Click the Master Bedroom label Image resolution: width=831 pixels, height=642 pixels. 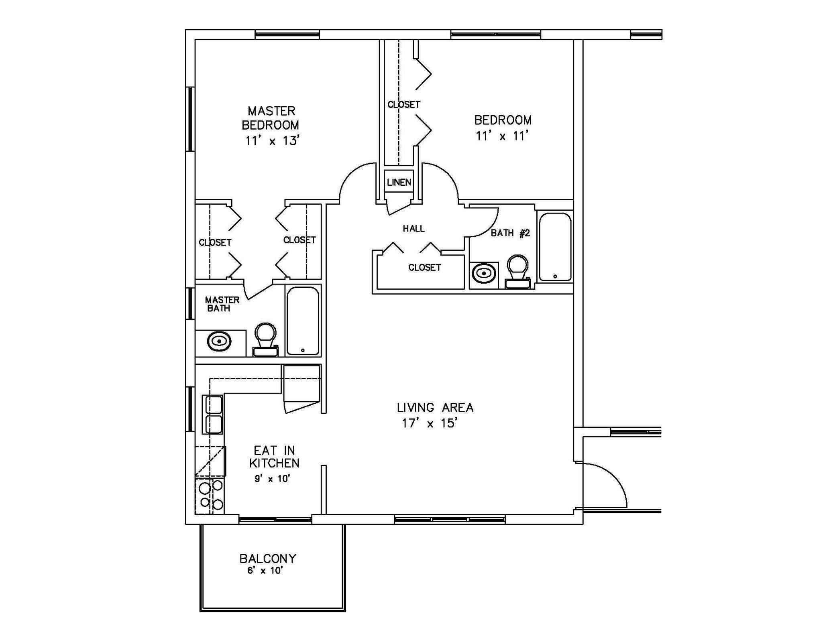point(271,118)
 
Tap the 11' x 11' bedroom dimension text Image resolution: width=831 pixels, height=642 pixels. point(502,136)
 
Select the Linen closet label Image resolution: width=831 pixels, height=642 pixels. point(399,183)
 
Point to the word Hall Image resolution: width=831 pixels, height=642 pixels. point(414,229)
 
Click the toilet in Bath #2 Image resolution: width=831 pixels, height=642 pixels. point(517,271)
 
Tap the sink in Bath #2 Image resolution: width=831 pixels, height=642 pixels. point(484,273)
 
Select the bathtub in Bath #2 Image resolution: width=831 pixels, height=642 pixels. point(555,247)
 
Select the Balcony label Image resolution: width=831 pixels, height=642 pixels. point(268,559)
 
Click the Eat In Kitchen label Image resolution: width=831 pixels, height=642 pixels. point(274,457)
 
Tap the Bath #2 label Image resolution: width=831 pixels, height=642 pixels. point(510,233)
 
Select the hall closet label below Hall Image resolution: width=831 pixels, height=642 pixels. point(424,267)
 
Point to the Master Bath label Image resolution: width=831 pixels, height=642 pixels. point(222,304)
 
